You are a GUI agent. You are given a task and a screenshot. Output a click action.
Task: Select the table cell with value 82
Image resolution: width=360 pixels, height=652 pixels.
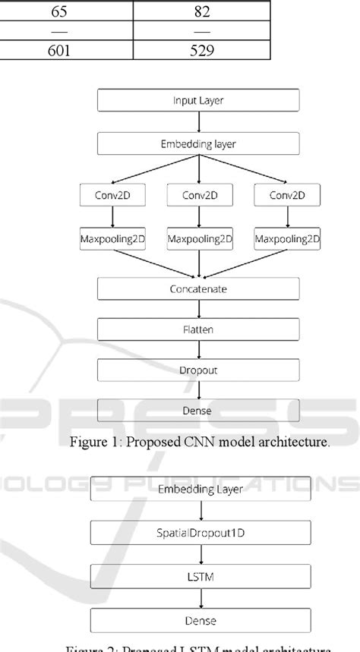[x=201, y=11]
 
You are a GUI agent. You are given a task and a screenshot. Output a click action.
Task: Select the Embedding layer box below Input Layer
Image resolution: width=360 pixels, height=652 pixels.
[x=198, y=144]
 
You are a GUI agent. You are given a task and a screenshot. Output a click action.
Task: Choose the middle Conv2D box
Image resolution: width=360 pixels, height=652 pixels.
[x=198, y=195]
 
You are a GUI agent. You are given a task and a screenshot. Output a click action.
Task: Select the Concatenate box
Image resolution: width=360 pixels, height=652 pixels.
[x=198, y=289]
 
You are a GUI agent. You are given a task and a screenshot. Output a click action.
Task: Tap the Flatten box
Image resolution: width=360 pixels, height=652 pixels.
[x=198, y=331]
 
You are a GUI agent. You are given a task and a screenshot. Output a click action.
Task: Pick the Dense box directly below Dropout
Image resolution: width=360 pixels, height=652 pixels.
[x=198, y=411]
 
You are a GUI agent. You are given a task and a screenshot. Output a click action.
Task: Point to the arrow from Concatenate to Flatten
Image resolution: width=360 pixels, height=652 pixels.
[x=198, y=310]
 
